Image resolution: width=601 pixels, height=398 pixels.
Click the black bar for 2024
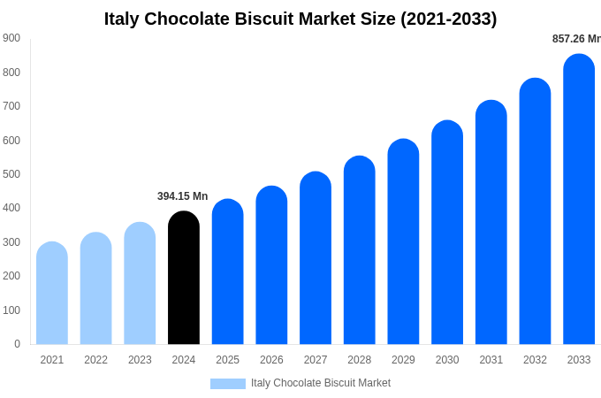pos(184,278)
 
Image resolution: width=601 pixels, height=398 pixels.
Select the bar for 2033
pos(579,199)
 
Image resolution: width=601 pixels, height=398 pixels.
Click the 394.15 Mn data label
pos(183,196)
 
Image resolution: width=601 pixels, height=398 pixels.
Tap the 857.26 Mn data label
pos(576,39)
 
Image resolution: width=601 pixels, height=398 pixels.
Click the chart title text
pos(300,19)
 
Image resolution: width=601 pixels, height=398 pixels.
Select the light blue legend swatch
pos(228,384)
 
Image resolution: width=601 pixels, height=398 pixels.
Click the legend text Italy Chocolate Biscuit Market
pos(321,383)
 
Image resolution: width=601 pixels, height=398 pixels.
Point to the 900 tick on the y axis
pos(11,38)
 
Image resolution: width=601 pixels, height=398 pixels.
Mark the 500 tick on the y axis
pos(11,174)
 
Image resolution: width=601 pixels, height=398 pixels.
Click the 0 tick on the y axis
pos(17,344)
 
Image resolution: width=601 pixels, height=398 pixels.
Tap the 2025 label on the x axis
pos(227,360)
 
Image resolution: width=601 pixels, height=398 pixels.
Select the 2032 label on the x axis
pos(535,360)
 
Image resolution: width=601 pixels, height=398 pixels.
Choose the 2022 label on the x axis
pos(95,360)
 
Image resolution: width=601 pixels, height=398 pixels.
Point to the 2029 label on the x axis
pos(403,360)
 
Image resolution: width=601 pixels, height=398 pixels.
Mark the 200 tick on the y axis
pos(11,276)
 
